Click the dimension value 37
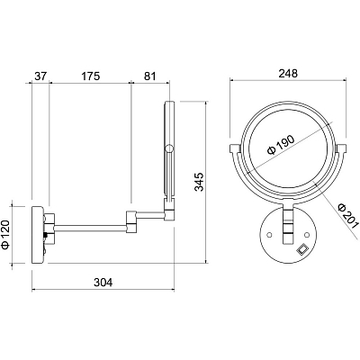click(40, 76)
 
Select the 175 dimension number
click(90, 76)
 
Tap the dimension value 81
click(150, 76)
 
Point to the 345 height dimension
click(200, 182)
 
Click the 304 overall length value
click(103, 283)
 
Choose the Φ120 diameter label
click(6, 235)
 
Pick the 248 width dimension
click(288, 74)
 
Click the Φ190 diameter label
click(282, 145)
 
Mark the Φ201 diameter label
click(347, 216)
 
